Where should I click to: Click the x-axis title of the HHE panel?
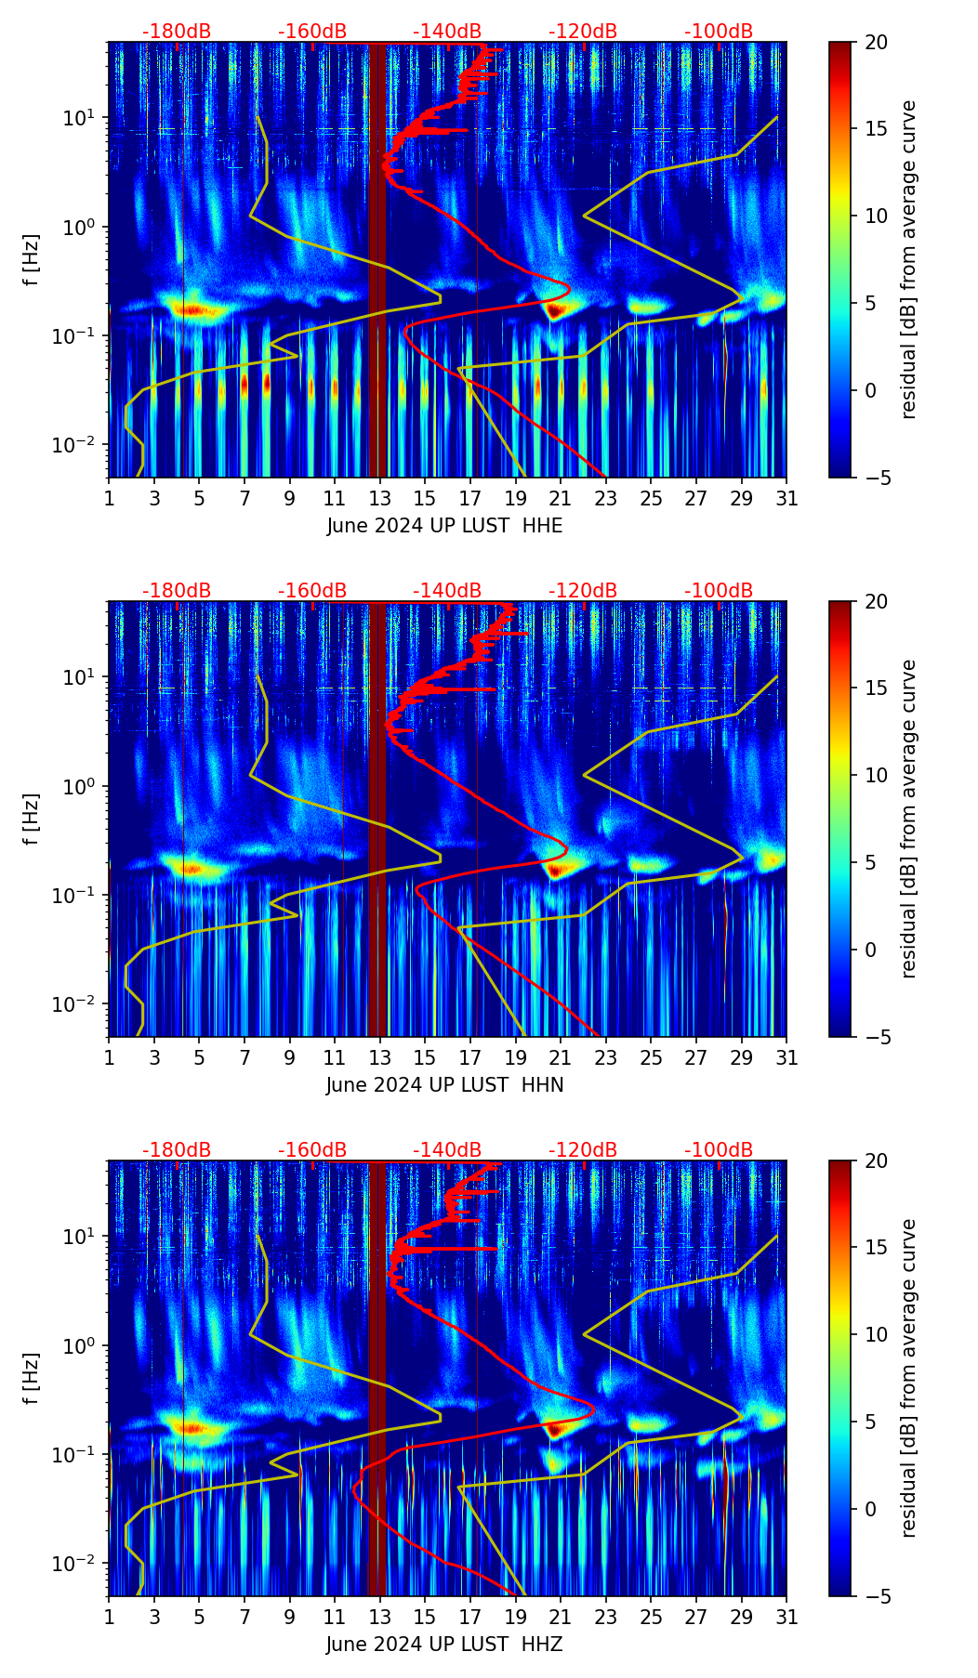444,526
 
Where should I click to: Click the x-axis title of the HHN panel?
444,1085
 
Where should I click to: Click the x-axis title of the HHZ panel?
444,1645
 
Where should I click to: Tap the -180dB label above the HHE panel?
177,32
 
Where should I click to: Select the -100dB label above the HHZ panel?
719,1150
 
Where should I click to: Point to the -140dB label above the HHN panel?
447,591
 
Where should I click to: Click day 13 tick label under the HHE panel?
380,498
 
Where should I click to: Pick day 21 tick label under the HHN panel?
561,1057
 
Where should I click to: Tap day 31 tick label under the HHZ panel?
786,1617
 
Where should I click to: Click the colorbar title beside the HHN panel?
909,819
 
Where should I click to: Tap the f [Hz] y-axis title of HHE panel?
32,259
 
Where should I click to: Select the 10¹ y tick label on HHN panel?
77,676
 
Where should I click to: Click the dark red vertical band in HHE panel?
377,260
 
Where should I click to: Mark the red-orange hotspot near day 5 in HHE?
191,310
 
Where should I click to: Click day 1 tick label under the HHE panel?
109,498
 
